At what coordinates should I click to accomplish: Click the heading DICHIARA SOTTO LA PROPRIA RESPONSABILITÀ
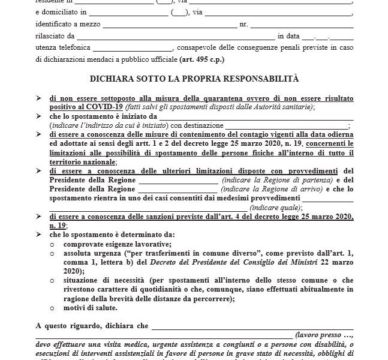tap(194, 79)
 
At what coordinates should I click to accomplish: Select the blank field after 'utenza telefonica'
tap(133, 48)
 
